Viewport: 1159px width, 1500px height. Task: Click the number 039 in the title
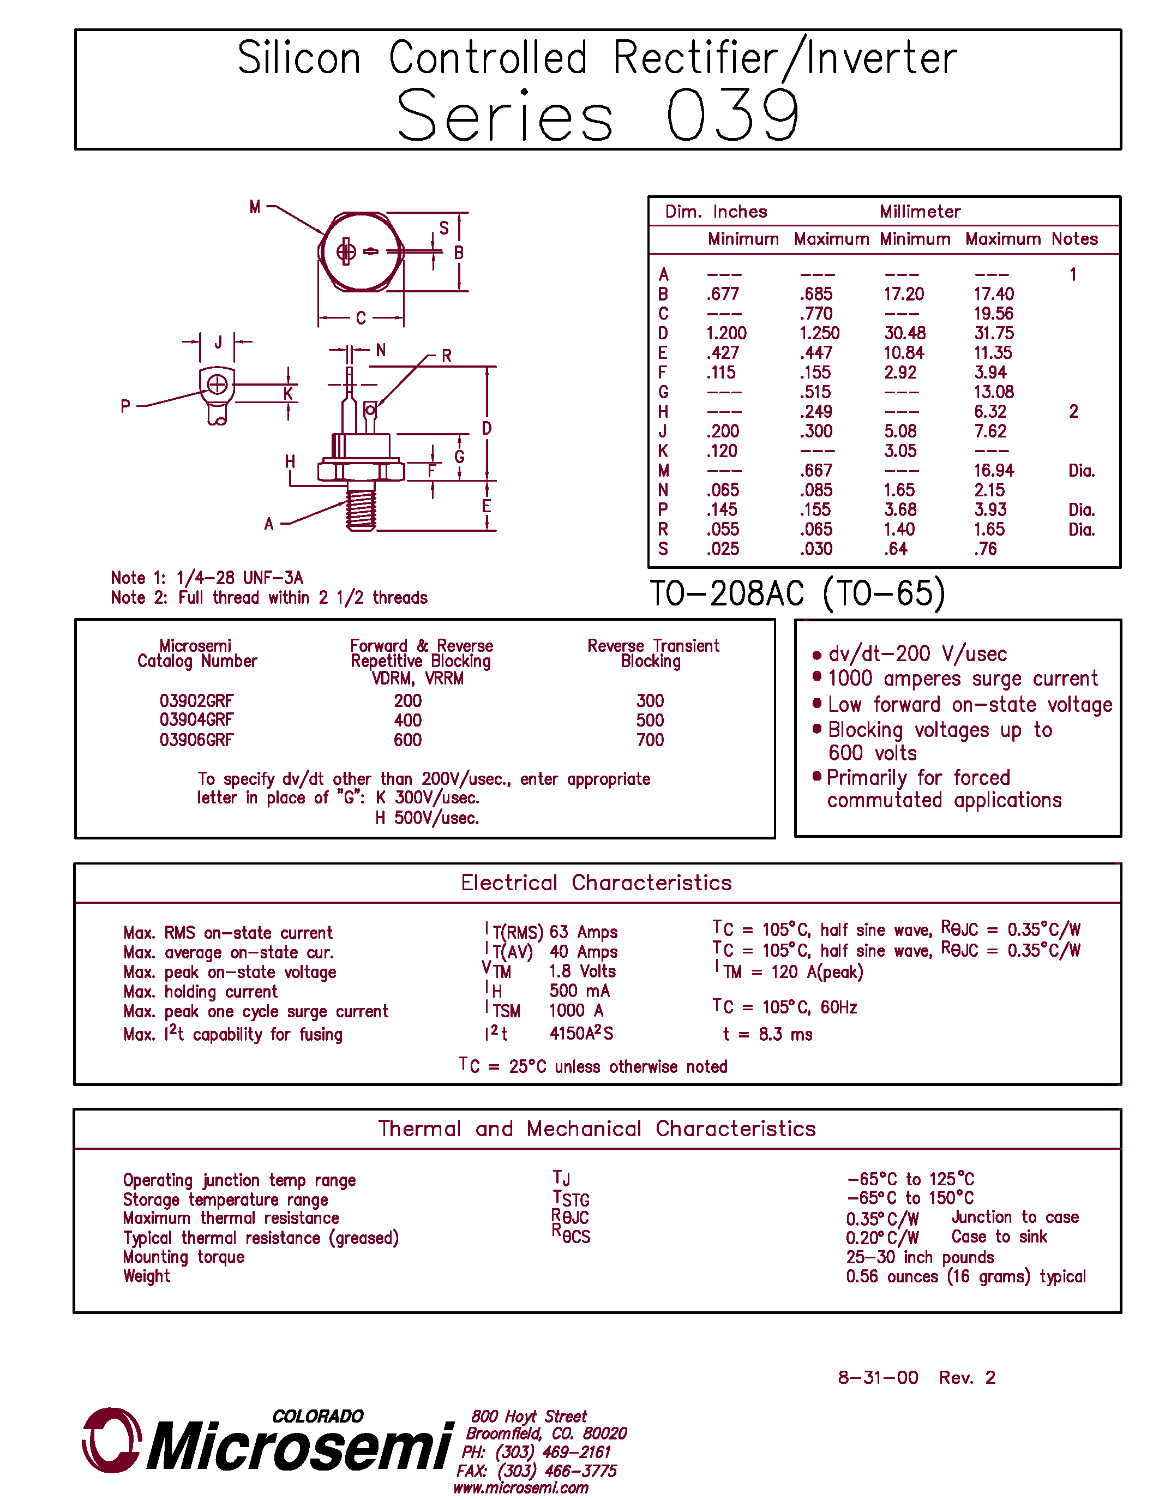(x=732, y=116)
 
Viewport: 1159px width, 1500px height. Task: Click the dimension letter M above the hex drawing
(x=255, y=207)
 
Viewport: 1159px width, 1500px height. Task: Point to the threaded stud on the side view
(x=361, y=507)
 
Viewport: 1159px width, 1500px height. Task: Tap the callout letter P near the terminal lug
(x=125, y=406)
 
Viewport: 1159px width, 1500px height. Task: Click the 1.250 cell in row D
(x=819, y=333)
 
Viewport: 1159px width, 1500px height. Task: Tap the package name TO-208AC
(x=726, y=593)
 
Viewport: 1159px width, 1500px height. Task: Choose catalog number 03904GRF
(x=196, y=720)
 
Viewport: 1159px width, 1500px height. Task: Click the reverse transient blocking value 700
(x=650, y=740)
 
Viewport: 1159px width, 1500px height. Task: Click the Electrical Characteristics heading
(x=596, y=883)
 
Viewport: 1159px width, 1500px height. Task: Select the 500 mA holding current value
(x=579, y=991)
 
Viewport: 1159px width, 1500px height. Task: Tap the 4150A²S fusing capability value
(x=581, y=1033)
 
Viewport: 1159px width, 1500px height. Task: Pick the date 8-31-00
(x=878, y=1378)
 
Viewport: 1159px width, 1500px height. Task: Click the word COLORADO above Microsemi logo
(x=317, y=1416)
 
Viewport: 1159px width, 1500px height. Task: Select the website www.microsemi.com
(x=520, y=1487)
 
